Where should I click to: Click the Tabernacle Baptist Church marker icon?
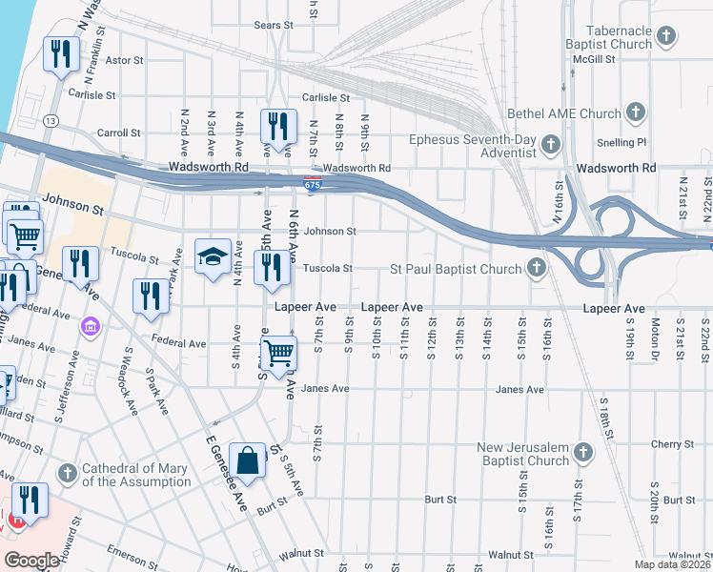pyautogui.click(x=666, y=37)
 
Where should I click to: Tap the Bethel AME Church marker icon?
pyautogui.click(x=636, y=113)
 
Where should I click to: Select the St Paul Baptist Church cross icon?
pyautogui.click(x=537, y=269)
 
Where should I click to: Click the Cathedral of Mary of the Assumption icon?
pyautogui.click(x=67, y=474)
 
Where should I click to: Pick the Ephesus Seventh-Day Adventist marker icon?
pyautogui.click(x=549, y=146)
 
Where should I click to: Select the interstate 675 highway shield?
pyautogui.click(x=313, y=181)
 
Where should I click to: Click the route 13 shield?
pyautogui.click(x=50, y=120)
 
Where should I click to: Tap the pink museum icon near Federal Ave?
pyautogui.click(x=92, y=327)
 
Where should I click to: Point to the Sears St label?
pyautogui.click(x=273, y=26)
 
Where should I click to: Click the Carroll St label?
pyautogui.click(x=118, y=133)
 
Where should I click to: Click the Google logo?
pyautogui.click(x=31, y=561)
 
